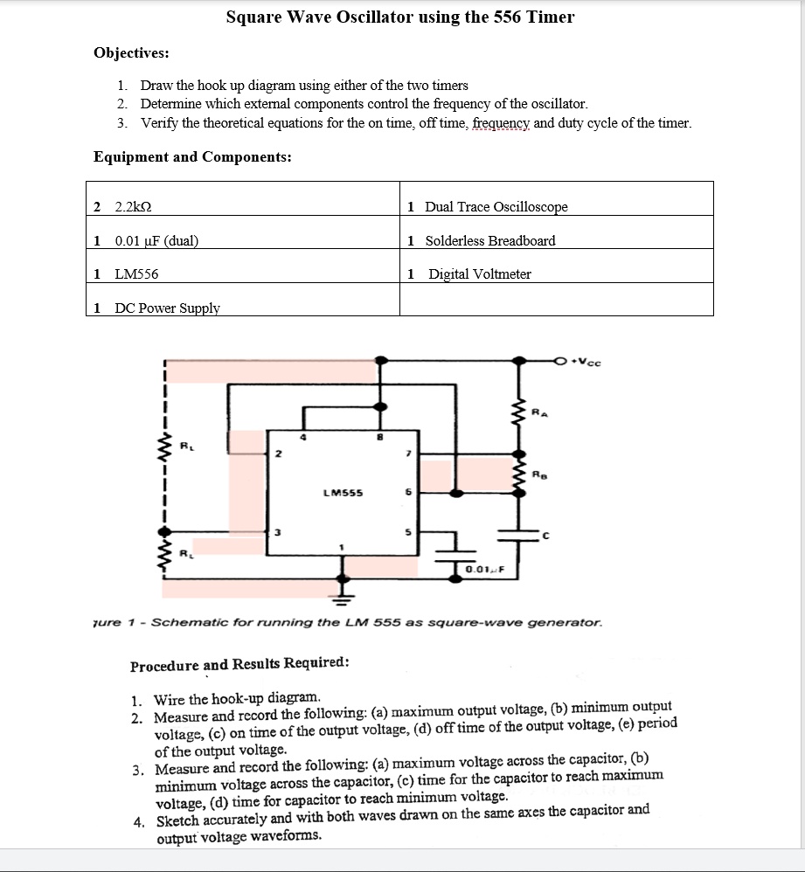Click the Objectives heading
pyautogui.click(x=131, y=52)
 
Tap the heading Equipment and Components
pyautogui.click(x=192, y=157)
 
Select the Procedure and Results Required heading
pyautogui.click(x=239, y=663)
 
